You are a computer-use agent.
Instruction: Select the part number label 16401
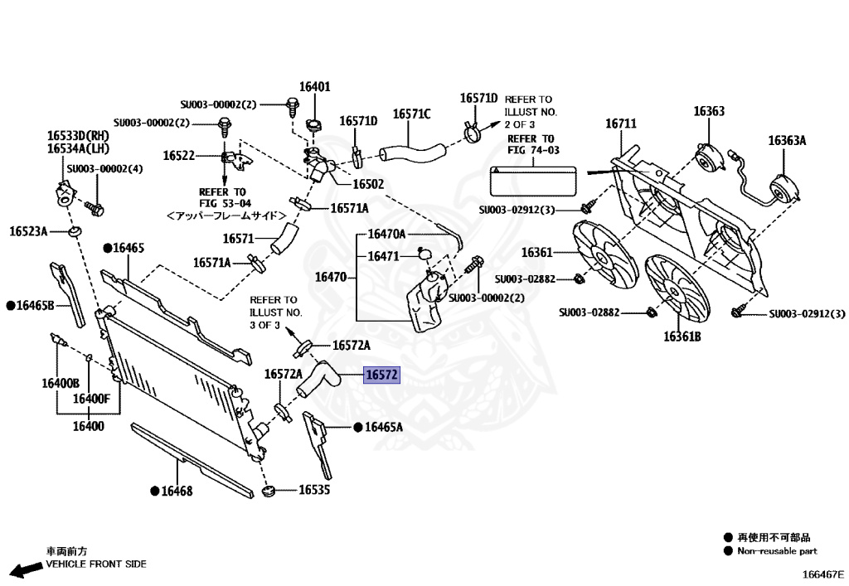[315, 86]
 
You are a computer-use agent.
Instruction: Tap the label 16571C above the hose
[412, 114]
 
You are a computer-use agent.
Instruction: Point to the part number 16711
[620, 123]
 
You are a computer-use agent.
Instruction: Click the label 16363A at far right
[787, 140]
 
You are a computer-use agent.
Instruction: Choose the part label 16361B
[682, 337]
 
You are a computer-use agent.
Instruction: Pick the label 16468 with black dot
[176, 491]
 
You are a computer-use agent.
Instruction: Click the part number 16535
[314, 490]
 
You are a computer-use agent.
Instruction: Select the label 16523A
[29, 231]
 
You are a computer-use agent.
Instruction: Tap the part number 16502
[368, 184]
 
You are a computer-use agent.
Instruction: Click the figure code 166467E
[822, 574]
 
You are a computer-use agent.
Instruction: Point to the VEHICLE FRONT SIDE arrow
[22, 569]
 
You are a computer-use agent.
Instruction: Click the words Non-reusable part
[778, 550]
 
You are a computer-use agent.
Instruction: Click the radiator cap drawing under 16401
[314, 126]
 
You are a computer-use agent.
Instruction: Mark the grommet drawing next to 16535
[267, 492]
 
